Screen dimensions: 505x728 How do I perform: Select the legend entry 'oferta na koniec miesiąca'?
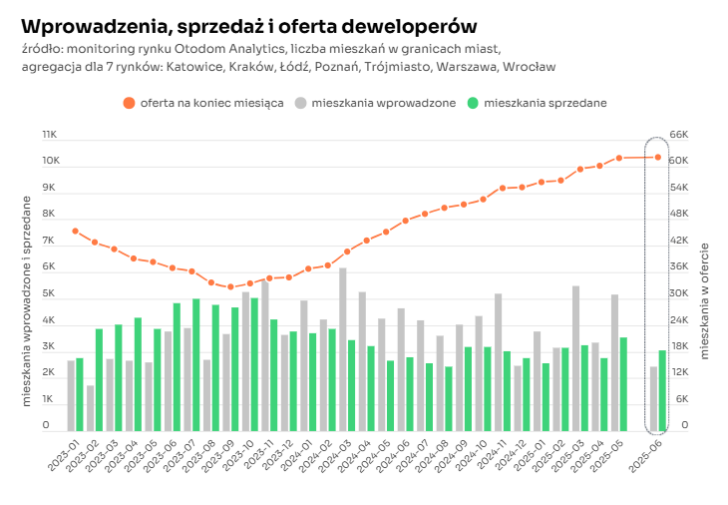[203, 102]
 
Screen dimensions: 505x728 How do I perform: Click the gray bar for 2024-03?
[342, 349]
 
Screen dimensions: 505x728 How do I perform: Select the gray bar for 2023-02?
[90, 408]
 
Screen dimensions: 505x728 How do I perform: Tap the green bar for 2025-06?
[662, 390]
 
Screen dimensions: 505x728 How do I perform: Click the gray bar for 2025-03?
[575, 358]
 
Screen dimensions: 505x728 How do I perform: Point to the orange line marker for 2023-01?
[75, 231]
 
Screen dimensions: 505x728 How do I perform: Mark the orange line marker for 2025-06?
[658, 157]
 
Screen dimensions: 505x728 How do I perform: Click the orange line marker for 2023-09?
[230, 287]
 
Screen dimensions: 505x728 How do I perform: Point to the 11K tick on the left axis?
[49, 134]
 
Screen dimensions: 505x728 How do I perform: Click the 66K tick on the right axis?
[678, 134]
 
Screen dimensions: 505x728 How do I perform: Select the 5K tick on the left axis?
[49, 293]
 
